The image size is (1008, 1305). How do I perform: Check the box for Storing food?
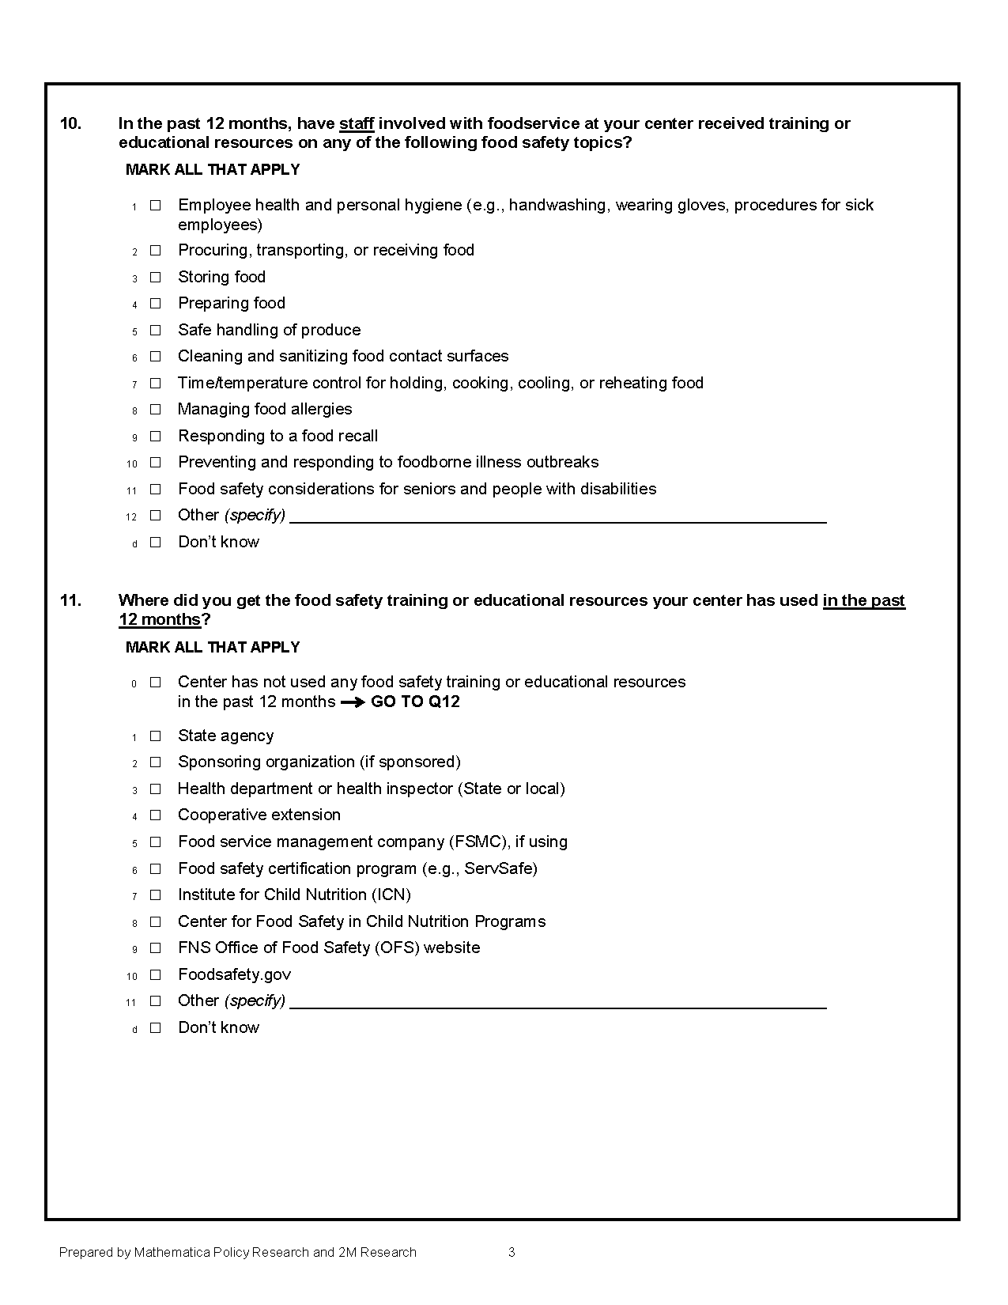[x=156, y=277]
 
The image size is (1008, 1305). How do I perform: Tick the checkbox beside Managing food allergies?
[x=156, y=409]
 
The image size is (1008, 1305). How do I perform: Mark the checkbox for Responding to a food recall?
[x=156, y=436]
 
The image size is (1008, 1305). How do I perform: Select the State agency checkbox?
[x=156, y=736]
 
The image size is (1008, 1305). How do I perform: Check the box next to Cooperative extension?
[x=156, y=815]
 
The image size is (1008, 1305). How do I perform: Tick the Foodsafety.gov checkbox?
[x=156, y=974]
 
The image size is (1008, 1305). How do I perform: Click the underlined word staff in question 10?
[x=356, y=123]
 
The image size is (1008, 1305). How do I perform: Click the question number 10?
[x=71, y=123]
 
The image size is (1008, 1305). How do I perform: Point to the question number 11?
[x=71, y=600]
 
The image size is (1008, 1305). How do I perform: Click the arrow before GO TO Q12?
[x=353, y=702]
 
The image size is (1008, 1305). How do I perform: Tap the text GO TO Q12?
[x=415, y=702]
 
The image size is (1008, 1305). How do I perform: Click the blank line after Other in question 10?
[x=557, y=518]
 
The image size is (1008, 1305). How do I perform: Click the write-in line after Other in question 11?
[x=557, y=1004]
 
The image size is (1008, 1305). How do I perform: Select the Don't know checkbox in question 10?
[x=156, y=542]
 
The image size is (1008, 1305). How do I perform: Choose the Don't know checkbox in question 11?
[x=156, y=1027]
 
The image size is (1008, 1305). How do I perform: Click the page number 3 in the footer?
[x=512, y=1252]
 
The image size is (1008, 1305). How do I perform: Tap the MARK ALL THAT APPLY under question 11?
[x=213, y=647]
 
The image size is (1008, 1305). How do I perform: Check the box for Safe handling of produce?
[x=156, y=330]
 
